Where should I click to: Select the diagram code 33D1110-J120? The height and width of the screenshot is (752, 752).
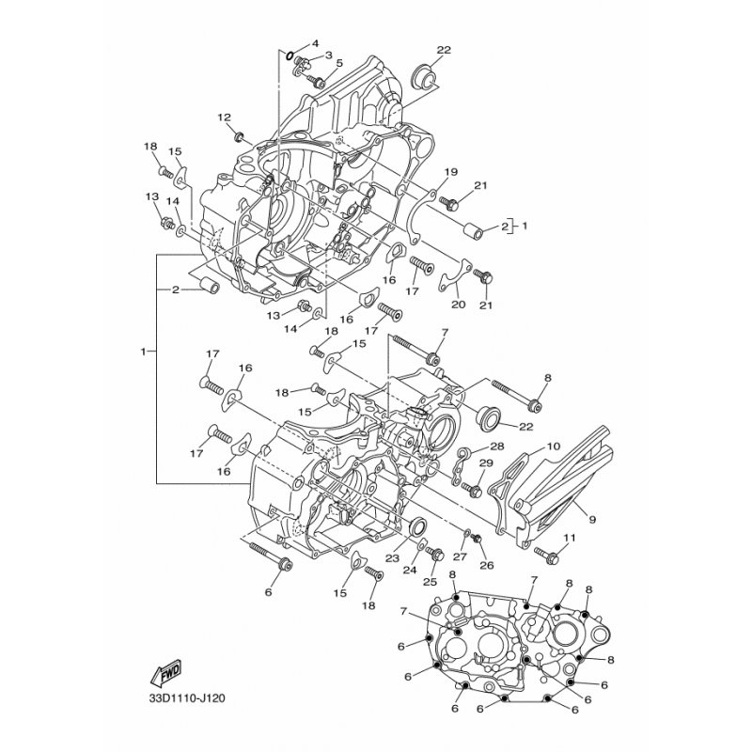click(x=187, y=697)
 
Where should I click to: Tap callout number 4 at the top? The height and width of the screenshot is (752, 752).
click(x=315, y=43)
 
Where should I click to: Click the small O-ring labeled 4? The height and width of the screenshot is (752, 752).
click(x=290, y=55)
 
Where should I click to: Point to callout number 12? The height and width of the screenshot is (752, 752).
click(x=224, y=117)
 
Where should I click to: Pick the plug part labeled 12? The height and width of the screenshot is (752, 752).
click(x=239, y=137)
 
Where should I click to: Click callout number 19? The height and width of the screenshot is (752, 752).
click(x=451, y=172)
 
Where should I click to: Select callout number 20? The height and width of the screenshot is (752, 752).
click(x=459, y=304)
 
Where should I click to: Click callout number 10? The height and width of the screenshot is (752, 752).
click(x=553, y=446)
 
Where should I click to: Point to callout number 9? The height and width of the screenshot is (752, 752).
click(x=592, y=519)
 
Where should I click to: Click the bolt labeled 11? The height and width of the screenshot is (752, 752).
click(x=547, y=556)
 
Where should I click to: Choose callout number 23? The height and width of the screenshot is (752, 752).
click(x=392, y=557)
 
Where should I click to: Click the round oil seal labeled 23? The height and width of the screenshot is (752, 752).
click(x=416, y=525)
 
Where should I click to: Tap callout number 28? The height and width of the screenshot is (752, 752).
click(x=496, y=446)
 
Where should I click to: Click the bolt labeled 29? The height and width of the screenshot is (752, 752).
click(x=472, y=489)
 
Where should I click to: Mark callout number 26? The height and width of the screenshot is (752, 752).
click(x=486, y=565)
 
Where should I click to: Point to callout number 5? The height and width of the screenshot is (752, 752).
click(x=339, y=63)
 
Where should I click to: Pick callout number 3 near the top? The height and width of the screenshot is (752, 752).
click(x=328, y=55)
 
